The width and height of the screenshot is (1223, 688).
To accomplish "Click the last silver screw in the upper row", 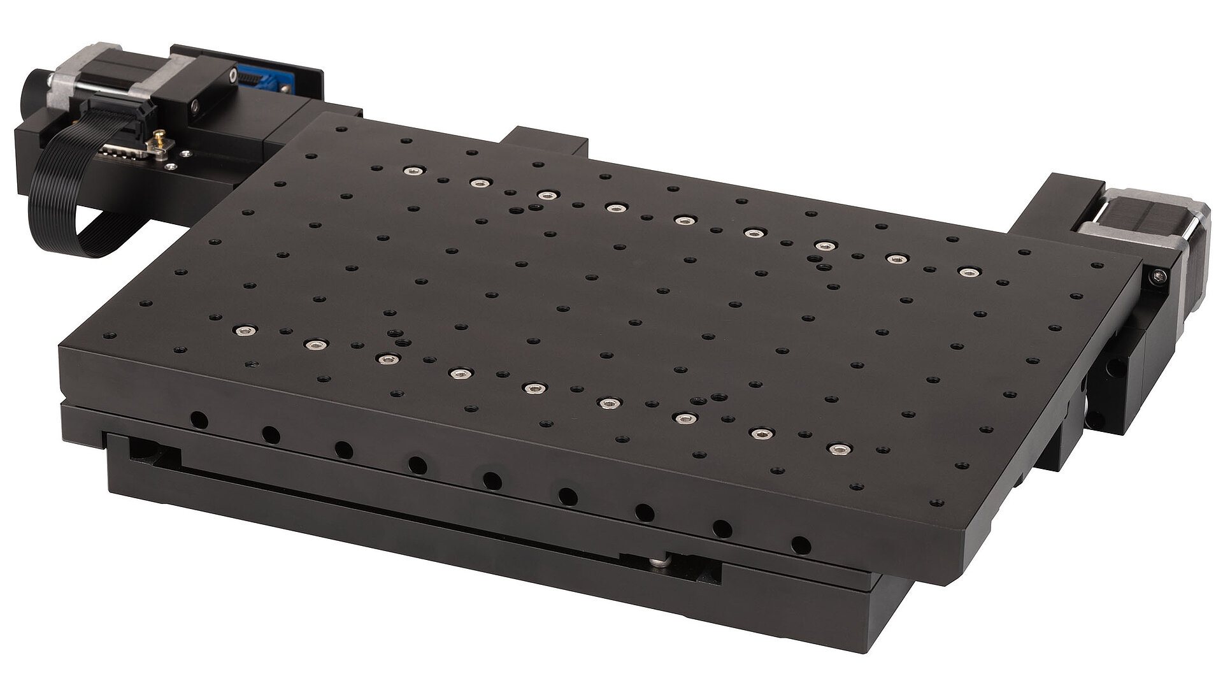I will click(x=968, y=273).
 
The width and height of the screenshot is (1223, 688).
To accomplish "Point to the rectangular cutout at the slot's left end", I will click(x=153, y=452).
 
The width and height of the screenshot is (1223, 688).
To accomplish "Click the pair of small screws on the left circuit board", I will click(x=178, y=159).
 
